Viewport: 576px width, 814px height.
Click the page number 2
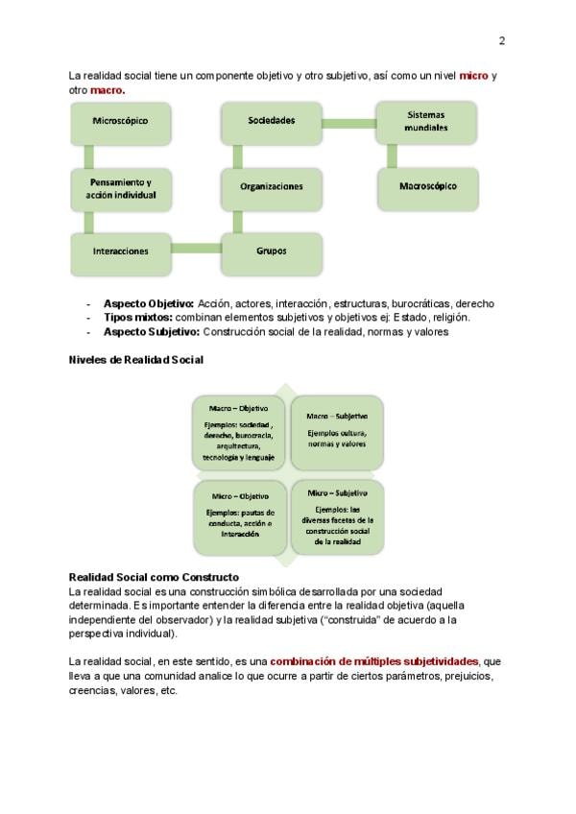(x=501, y=40)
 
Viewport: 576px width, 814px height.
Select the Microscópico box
(x=120, y=121)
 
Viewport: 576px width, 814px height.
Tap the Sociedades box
(x=272, y=121)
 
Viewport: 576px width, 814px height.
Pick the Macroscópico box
(x=427, y=186)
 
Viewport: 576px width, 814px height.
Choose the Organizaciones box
(x=272, y=186)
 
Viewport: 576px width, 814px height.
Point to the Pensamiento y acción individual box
(x=120, y=187)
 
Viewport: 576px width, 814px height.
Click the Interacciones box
(x=120, y=251)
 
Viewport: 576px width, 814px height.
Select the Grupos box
(x=272, y=251)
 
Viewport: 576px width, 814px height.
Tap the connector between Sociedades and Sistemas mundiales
(x=348, y=122)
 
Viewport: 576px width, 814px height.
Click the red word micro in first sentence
(x=473, y=75)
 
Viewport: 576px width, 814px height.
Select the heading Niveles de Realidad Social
(x=135, y=360)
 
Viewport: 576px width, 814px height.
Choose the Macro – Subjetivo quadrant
(x=337, y=429)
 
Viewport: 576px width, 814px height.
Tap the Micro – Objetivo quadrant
(x=239, y=518)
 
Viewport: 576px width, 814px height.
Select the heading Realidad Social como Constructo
(x=154, y=577)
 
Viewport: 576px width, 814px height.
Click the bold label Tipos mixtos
(x=137, y=317)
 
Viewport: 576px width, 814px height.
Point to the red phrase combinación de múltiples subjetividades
(x=373, y=662)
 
